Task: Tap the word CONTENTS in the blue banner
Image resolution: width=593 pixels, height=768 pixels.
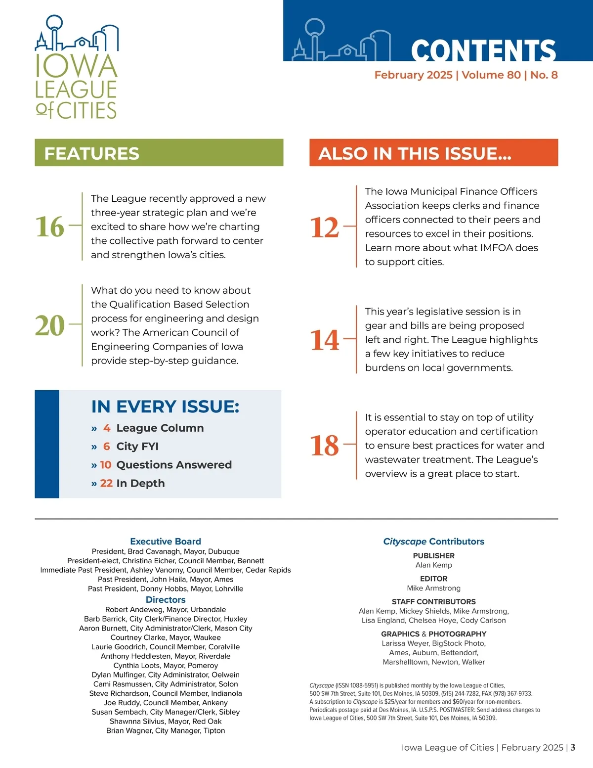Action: [x=483, y=50]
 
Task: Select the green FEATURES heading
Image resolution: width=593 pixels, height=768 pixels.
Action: [x=92, y=153]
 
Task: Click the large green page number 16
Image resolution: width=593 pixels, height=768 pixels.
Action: [x=50, y=227]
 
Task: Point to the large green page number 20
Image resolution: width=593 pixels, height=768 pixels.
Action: [x=50, y=325]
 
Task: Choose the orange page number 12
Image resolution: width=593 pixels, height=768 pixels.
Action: [x=325, y=228]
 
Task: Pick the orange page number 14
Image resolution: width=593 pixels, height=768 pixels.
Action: [x=325, y=340]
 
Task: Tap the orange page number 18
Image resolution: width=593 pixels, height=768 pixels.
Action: [x=325, y=446]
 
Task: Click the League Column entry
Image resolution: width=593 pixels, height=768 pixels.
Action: [x=160, y=428]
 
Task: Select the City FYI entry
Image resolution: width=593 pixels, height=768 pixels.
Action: [x=137, y=446]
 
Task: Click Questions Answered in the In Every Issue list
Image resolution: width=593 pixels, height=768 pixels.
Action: [x=174, y=465]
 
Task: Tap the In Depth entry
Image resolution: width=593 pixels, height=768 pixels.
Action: [x=140, y=483]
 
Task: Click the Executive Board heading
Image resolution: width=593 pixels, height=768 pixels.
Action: [x=166, y=542]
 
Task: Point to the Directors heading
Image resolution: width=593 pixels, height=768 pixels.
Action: [x=166, y=600]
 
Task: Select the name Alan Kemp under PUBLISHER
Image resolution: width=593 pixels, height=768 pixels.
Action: [x=434, y=565]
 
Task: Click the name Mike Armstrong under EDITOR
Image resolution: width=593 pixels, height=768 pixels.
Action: [x=434, y=588]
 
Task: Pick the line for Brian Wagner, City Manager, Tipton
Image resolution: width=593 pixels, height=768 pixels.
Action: [x=166, y=730]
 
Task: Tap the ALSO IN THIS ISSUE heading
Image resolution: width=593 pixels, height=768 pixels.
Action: [x=415, y=153]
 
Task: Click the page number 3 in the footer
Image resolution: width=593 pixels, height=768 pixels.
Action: [x=573, y=747]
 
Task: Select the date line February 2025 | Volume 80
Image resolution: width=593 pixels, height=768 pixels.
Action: [x=466, y=75]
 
